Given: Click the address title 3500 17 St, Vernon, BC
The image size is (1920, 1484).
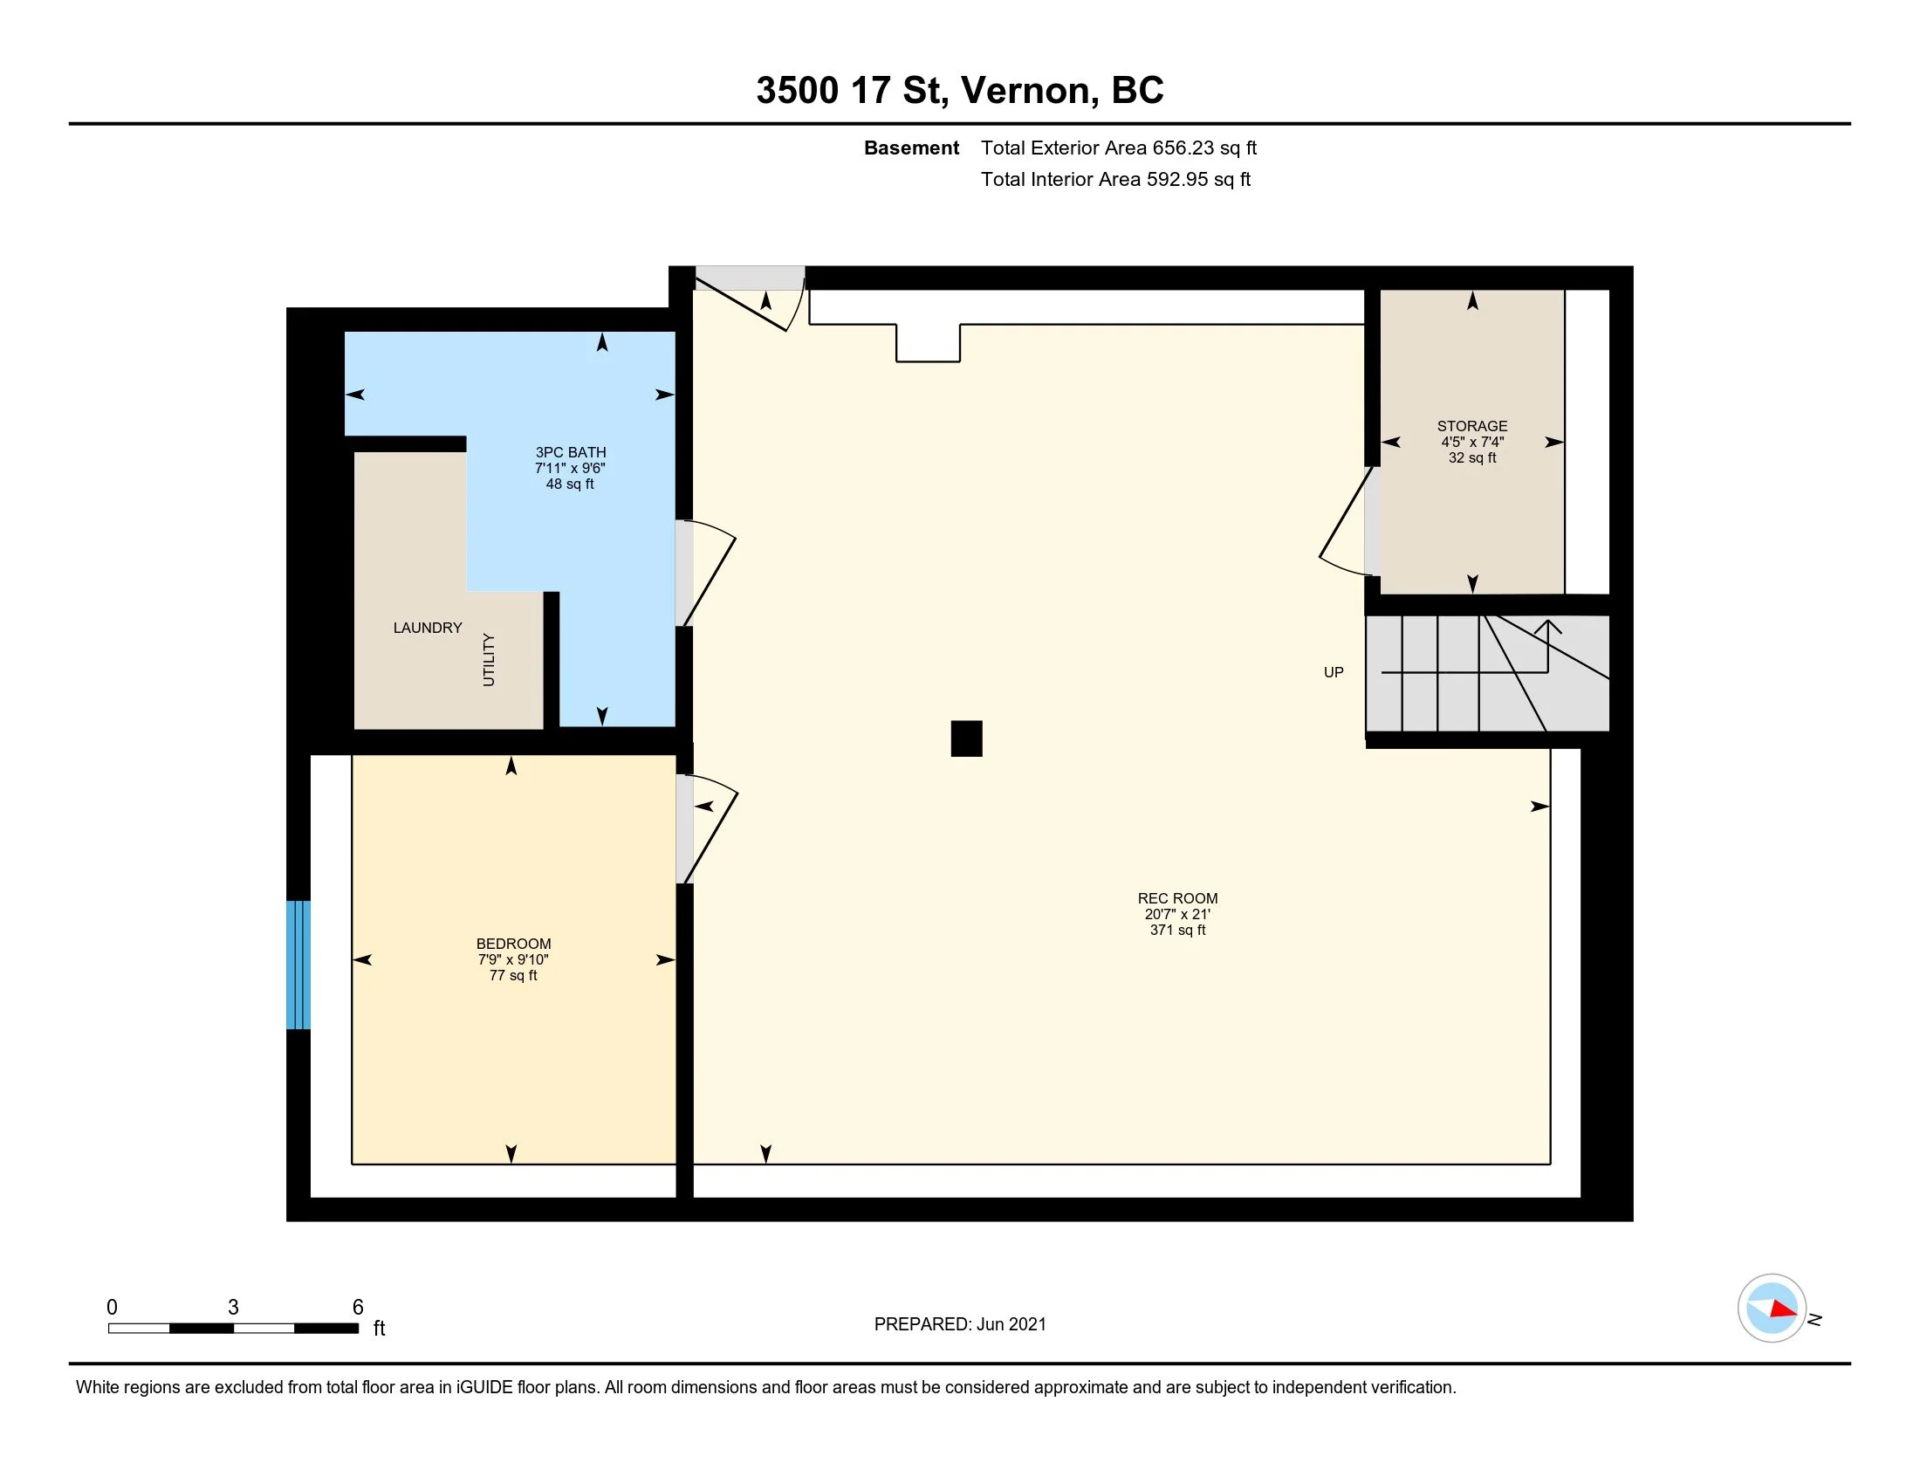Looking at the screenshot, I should (x=959, y=91).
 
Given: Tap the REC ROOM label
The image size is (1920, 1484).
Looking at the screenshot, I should (x=1177, y=898).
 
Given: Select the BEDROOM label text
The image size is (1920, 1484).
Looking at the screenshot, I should (x=513, y=945).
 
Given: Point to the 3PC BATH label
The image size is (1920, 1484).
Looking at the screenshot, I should (x=571, y=453).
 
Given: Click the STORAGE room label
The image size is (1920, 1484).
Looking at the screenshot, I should (x=1471, y=426).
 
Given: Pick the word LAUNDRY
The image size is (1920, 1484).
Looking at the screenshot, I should (x=428, y=628).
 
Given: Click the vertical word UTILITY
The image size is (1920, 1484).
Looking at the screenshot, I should (x=489, y=659).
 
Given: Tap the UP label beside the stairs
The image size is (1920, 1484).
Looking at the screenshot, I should (x=1333, y=672).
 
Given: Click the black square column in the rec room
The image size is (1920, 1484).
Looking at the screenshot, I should (x=966, y=739).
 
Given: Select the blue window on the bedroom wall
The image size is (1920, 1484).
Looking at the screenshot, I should (x=298, y=965).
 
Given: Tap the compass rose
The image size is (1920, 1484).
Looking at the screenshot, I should (x=1772, y=1309).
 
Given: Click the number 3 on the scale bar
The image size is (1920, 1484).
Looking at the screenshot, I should (x=233, y=1308).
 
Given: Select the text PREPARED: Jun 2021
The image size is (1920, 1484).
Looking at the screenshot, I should (x=960, y=1324).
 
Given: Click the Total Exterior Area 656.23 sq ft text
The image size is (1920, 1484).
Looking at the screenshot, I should (x=1118, y=148).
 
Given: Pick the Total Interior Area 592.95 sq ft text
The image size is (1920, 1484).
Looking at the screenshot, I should (x=1114, y=179).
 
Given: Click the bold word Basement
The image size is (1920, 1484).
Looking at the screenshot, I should (x=911, y=148).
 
